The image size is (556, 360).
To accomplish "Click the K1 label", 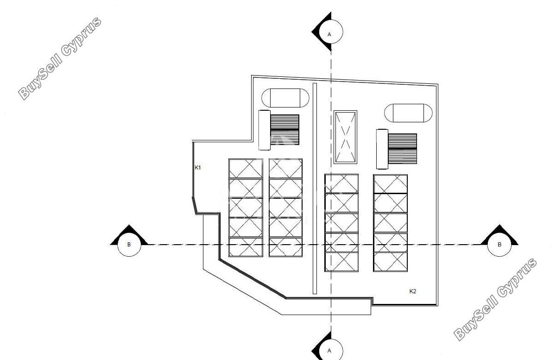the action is coord(197,168).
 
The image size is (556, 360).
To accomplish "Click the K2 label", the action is coord(412,291).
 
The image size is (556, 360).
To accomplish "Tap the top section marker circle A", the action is coord(331,32).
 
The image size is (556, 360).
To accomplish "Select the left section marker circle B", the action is coord(129,245).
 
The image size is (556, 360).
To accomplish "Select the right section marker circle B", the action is coord(499,245).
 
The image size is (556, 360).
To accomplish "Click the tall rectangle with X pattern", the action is coord(345,137).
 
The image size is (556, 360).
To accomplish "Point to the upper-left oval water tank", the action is coord(285,98).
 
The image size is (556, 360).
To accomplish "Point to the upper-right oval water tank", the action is coord(408,113).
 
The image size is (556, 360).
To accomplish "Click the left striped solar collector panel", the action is coord(284,130).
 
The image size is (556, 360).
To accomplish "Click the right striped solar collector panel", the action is coord(402,149).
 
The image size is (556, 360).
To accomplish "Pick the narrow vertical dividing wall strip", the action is coord(315,189).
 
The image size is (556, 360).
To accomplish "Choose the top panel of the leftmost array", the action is coord(246,169).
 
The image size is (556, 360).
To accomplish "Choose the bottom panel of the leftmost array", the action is coord(246,247).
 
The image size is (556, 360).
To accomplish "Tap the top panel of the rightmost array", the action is coord(391,184).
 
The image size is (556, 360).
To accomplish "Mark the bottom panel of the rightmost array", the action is coord(391,262).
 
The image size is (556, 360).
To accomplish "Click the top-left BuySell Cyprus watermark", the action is coord(60,58).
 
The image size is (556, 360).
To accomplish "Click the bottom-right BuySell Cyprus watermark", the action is coord(495,299).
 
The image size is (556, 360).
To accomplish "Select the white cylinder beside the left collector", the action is coord(265,130).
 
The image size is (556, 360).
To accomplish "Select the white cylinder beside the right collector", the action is coord(382,149).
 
